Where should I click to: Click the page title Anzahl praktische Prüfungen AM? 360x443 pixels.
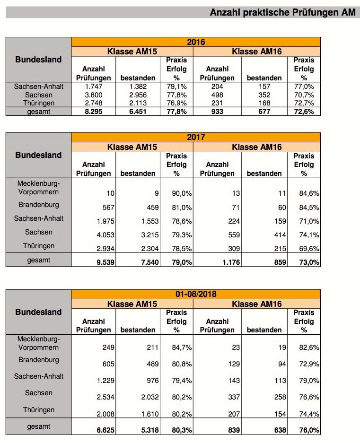click(282, 13)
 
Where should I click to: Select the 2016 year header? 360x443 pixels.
click(196, 42)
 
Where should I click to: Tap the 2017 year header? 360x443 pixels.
click(196, 138)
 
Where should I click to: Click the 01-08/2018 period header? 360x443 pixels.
click(196, 294)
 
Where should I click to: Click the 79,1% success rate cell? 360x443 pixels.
click(177, 87)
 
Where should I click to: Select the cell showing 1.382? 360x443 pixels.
click(138, 87)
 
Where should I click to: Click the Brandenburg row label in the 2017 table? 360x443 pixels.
click(39, 205)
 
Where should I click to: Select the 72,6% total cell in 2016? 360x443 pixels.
click(305, 112)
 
